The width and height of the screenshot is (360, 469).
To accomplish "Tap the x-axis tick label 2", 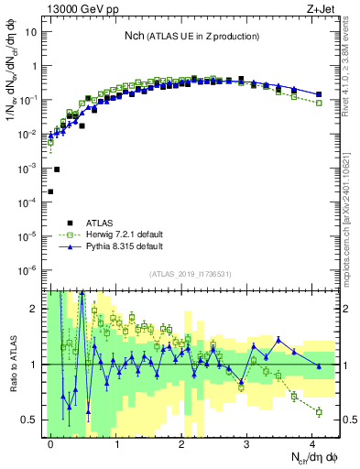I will point(181,442).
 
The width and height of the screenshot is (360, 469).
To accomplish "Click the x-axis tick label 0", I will point(51,442).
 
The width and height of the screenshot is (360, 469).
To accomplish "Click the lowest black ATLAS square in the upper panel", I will point(50,191).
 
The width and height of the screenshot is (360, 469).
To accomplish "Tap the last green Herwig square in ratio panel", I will point(319,412).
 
